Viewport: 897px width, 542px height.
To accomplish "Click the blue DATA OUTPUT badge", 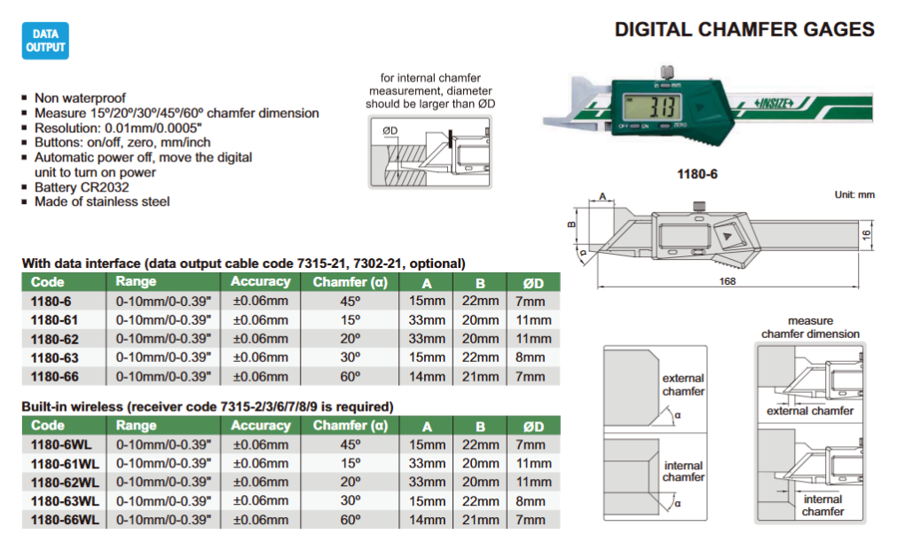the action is [x=45, y=41].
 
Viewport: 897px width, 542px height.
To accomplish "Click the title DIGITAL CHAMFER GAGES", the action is [x=744, y=29].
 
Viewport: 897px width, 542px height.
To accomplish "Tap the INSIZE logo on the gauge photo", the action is [x=774, y=104].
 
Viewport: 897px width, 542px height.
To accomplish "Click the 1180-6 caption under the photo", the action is [x=696, y=175].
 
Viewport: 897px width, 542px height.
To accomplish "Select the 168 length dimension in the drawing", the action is [x=728, y=280].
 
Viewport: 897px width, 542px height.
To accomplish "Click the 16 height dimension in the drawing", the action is [x=867, y=234].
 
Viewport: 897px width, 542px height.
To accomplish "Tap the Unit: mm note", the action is [x=854, y=194].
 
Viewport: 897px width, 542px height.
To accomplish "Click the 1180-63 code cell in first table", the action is [x=54, y=357].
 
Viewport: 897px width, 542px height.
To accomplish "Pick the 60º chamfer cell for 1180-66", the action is [x=350, y=377].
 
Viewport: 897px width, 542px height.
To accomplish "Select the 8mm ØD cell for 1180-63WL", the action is [x=531, y=501].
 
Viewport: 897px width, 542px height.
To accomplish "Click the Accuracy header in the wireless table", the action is [x=260, y=426].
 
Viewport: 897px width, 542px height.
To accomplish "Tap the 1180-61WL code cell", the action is [x=65, y=464].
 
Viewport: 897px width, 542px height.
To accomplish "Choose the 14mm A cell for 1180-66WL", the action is [x=427, y=520].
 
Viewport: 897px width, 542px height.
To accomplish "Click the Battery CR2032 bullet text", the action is [x=82, y=187].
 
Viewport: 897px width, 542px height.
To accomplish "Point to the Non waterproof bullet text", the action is [x=80, y=98].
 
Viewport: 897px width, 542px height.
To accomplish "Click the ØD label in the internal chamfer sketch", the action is [x=390, y=130].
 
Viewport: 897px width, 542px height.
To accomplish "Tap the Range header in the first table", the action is [x=136, y=281].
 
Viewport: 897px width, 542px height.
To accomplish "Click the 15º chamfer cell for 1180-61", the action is [x=350, y=320].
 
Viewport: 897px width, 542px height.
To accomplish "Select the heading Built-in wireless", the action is [x=72, y=406].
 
